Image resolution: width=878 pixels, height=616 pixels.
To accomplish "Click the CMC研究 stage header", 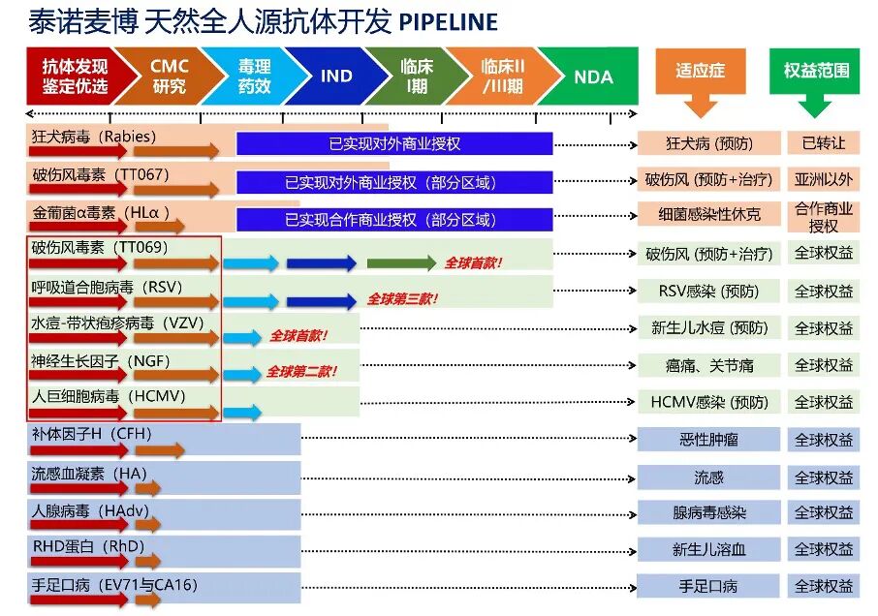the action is pos(170,76).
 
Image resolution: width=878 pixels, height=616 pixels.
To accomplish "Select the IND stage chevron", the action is pos(336,76).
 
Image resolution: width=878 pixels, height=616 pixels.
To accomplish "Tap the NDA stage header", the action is pos(593,77).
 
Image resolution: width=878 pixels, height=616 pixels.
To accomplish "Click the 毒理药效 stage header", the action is pos(254,76).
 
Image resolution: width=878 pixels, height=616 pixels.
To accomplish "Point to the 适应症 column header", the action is pos(700,71).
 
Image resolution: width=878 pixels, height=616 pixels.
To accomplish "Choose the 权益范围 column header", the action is pos(816,71).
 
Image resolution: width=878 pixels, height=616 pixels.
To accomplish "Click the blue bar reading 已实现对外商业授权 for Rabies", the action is pos(394,143).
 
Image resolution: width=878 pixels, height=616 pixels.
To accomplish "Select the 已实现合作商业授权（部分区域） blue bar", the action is pos(394,219).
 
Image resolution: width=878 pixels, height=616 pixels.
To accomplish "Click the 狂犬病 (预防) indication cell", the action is pos(708,143).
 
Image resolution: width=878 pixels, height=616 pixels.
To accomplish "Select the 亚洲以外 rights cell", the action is pos(824,180).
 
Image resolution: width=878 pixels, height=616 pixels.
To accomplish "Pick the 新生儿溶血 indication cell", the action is pos(708,549).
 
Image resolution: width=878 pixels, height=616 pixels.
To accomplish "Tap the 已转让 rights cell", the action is pos(824,143).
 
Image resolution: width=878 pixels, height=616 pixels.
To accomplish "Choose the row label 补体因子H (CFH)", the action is pos(91,434).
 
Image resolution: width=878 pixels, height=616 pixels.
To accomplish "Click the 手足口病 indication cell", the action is pos(708,586).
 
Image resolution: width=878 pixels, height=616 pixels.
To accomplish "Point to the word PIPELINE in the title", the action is pos(448,22).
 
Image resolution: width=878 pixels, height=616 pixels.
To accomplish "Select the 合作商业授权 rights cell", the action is pos(824,217).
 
